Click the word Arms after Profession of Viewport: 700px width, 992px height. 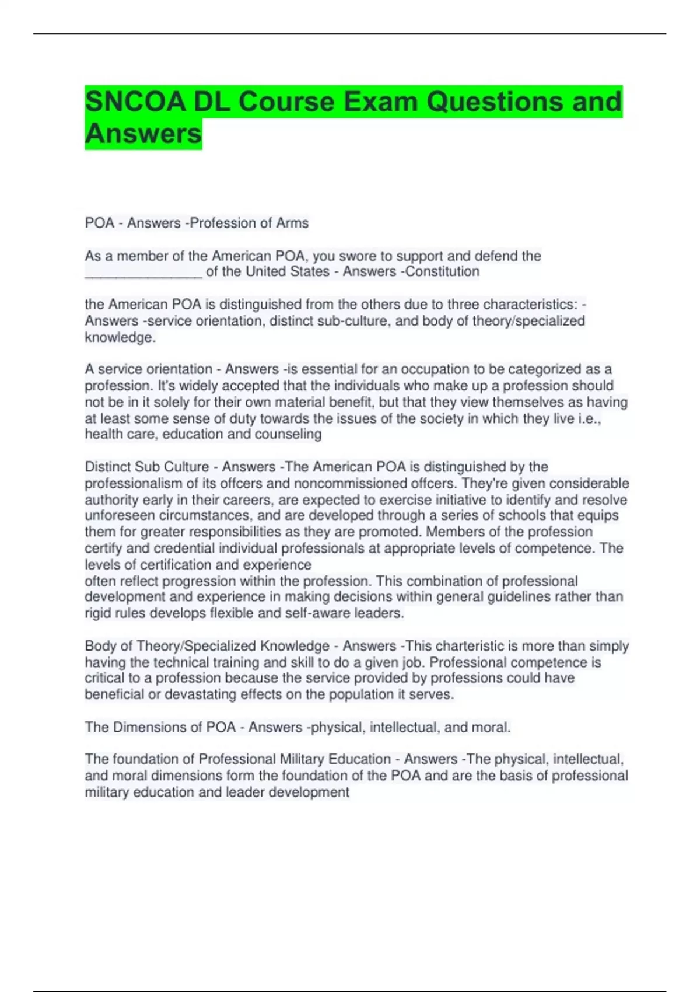[294, 223]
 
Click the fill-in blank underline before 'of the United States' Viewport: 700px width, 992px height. [143, 273]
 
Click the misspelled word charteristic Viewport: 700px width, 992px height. [467, 646]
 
